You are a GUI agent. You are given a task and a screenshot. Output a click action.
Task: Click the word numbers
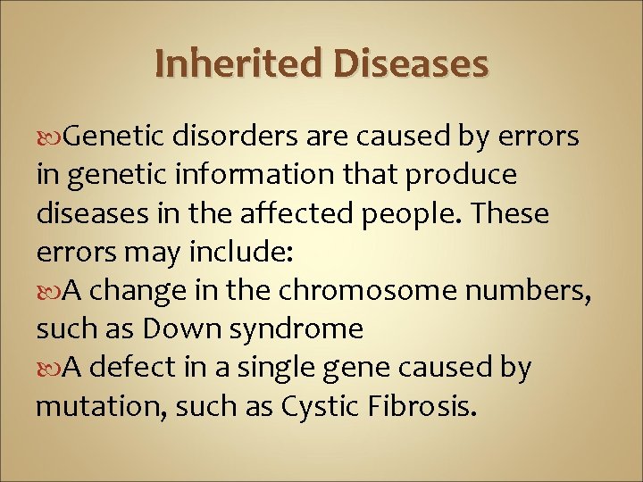(533, 292)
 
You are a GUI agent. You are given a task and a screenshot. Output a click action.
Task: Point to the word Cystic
(320, 408)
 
